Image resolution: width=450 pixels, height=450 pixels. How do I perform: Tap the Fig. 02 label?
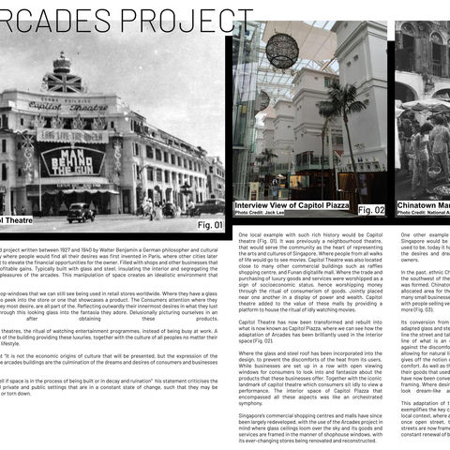[371, 210]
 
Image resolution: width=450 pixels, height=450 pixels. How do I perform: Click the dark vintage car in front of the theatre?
[81, 213]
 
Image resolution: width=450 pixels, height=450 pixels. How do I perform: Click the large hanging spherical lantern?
[281, 52]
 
